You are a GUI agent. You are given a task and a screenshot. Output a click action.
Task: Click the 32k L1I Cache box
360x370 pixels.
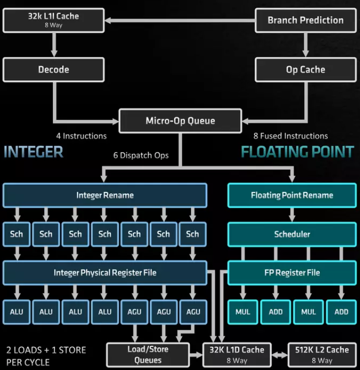[53, 20]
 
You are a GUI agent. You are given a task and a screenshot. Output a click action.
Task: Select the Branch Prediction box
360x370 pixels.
[305, 20]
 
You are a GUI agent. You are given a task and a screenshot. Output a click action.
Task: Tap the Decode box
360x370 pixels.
[53, 70]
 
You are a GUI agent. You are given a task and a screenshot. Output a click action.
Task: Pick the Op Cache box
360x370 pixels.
[305, 70]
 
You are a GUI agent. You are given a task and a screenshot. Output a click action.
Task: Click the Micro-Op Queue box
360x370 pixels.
[180, 120]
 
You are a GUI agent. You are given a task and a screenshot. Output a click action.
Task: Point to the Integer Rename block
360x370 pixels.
[105, 195]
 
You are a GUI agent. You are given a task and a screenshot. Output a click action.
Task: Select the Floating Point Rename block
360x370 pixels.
[292, 195]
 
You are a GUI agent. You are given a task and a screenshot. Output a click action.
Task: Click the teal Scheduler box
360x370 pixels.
[292, 234]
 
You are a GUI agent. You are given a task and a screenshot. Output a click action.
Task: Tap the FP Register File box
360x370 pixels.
[292, 273]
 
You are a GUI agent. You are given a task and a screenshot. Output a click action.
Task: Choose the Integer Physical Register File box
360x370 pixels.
[105, 273]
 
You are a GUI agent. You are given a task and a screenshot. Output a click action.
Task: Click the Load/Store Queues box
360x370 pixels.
[148, 354]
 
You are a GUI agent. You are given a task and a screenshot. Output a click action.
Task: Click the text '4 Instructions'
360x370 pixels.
[81, 136]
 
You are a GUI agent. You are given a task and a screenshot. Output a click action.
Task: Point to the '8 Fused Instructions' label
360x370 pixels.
[292, 136]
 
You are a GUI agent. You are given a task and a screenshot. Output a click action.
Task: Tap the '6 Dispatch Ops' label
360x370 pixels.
[140, 155]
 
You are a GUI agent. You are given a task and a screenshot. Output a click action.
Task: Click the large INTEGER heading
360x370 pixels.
[33, 152]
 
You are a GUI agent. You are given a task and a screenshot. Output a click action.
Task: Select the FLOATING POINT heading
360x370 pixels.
[297, 152]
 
